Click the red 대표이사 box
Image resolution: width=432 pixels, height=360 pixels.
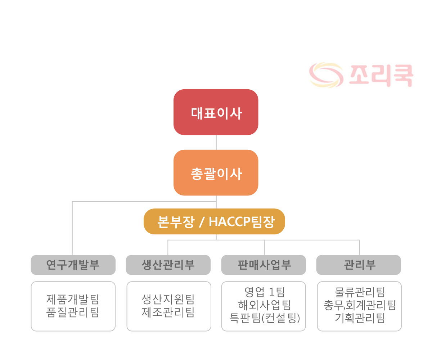[216, 112]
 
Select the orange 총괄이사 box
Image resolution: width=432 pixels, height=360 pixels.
[216, 172]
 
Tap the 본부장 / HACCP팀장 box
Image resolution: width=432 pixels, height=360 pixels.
[214, 221]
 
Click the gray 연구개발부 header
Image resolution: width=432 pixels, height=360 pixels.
[73, 265]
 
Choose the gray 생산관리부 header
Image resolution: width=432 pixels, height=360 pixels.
[168, 265]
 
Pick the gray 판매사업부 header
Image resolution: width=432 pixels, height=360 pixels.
[264, 265]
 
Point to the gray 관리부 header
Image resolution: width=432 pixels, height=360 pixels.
[359, 265]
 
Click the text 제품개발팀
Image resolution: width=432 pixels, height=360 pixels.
[73, 300]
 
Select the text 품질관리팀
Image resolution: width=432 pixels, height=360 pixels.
[73, 312]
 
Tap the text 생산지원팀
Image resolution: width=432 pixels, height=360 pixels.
[168, 300]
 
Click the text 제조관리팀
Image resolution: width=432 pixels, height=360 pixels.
[168, 312]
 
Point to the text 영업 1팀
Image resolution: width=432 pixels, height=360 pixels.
[265, 292]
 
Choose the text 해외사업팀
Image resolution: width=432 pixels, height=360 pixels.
[265, 305]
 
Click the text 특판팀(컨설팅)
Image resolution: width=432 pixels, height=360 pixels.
[265, 318]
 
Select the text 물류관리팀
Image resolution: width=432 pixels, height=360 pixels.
[360, 292]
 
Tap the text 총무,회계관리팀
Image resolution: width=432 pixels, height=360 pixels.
[360, 305]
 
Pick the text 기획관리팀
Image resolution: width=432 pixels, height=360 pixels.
[360, 318]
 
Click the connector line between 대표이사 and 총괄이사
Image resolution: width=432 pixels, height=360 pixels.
[216, 142]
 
